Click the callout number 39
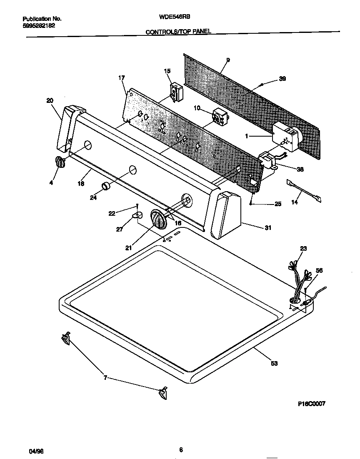coord(282,80)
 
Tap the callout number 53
coord(274,363)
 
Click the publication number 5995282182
coord(38,25)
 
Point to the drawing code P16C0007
coord(311,404)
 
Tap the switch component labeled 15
coord(176,92)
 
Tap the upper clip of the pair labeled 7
coord(66,338)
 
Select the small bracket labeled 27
coord(137,215)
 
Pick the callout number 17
coord(122,78)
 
